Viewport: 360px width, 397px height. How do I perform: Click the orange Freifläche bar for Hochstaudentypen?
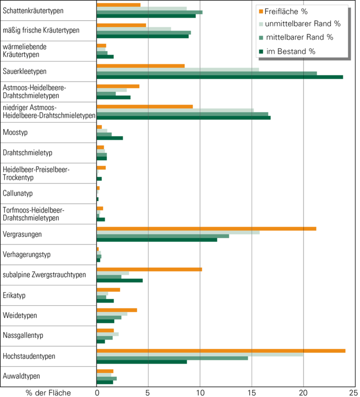tap(220, 351)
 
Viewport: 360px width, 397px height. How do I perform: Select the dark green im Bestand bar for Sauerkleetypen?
tap(220, 77)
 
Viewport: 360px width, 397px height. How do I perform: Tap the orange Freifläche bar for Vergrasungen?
tap(206, 229)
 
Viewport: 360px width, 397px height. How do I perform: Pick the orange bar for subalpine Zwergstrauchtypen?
tap(149, 269)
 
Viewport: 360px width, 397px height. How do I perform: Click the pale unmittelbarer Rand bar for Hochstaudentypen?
tap(200, 354)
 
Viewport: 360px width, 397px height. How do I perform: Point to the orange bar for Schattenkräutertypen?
tap(119, 5)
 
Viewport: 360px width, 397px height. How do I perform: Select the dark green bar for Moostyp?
tap(110, 138)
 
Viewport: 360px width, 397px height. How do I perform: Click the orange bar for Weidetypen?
tap(117, 310)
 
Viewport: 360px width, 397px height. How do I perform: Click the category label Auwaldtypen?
tap(21, 376)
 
